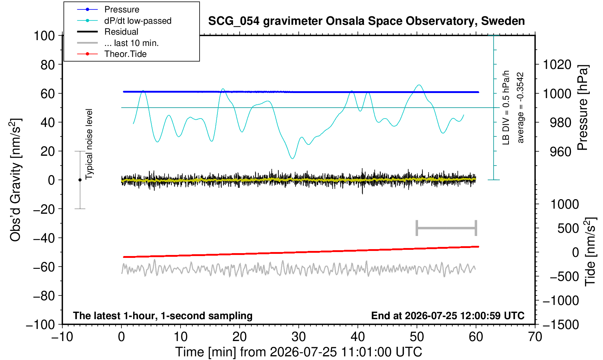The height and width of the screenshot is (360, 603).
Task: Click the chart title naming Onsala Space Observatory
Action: coord(366,21)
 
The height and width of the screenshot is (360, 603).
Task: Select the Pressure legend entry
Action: coord(122,10)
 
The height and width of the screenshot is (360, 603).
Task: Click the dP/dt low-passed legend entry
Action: coord(138,21)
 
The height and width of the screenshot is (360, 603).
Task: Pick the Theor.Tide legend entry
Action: coord(125,54)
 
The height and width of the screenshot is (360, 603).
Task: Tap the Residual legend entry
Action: coord(121,32)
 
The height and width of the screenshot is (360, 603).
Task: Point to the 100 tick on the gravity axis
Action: coord(44,36)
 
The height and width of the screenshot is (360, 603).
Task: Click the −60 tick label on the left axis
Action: coord(44,267)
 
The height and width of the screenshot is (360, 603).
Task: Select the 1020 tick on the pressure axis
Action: coord(557,65)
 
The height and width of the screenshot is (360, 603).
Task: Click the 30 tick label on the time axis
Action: coord(298,337)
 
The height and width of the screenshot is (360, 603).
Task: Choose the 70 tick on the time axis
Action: coord(535,337)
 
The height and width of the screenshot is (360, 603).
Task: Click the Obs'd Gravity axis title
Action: coord(15,180)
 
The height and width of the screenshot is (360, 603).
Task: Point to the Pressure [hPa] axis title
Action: coord(583,108)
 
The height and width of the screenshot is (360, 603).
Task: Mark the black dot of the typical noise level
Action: coord(80,180)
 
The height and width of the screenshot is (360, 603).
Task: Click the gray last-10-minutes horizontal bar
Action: coord(447,228)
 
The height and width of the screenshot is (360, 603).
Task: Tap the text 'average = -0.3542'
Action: coord(520,108)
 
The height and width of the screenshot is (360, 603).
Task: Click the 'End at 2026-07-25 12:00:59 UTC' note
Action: coord(448,316)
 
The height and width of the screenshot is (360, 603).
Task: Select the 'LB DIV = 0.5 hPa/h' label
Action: coord(506,108)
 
